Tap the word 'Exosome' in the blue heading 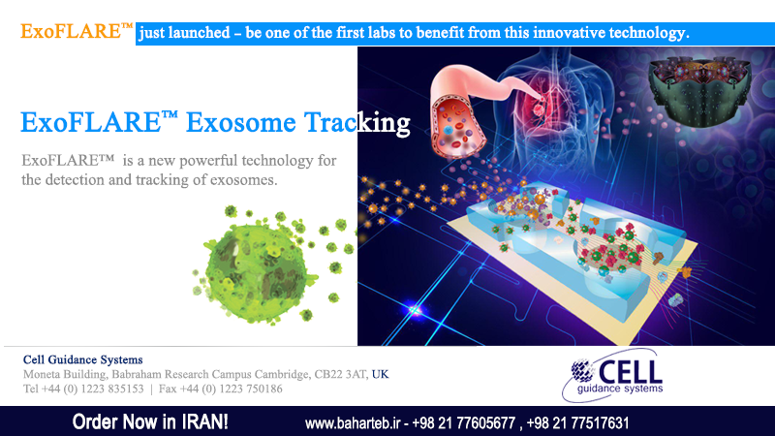coord(240,122)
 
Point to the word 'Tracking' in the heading coord(356,123)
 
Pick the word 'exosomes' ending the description coord(244,180)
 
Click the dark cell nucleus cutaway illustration coord(699,90)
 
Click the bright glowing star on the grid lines coord(415,310)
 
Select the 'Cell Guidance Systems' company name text coord(83,359)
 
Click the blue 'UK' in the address coord(380,374)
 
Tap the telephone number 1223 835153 coord(112,389)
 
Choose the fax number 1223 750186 coord(251,389)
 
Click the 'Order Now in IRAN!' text coord(150,422)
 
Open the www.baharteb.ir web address coord(353,423)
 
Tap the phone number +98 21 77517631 coord(577,423)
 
